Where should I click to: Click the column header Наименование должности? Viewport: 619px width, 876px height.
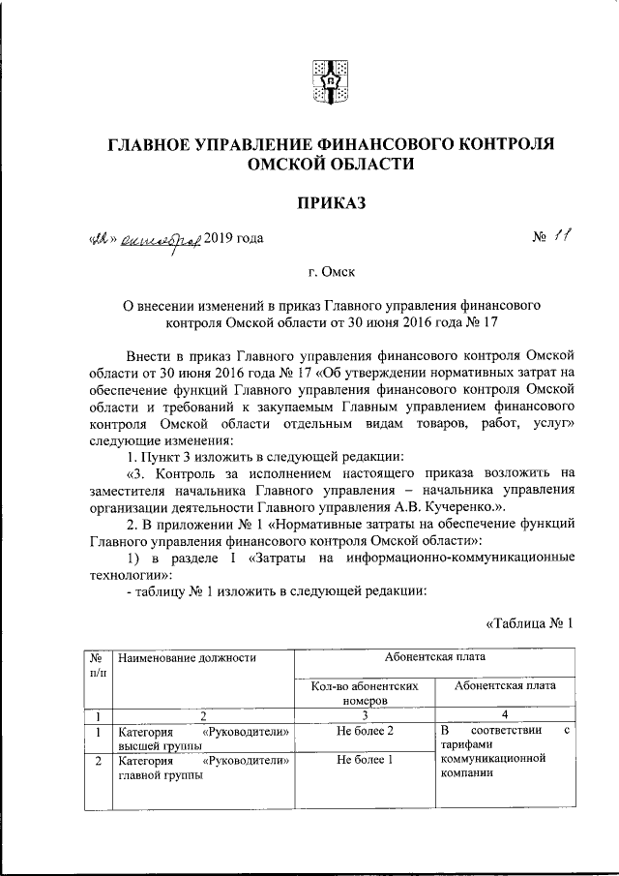(x=187, y=658)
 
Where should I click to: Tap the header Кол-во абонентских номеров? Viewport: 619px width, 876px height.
(x=365, y=691)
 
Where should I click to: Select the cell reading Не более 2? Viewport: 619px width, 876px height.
(x=365, y=730)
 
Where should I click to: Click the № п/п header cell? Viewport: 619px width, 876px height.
(x=97, y=665)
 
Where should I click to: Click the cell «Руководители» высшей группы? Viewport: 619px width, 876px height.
(x=203, y=738)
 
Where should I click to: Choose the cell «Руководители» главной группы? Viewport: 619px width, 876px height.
(x=203, y=769)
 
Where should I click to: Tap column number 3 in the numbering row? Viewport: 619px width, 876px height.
(x=365, y=715)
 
